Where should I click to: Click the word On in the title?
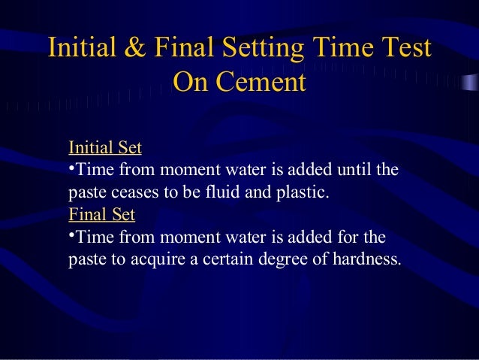coord(191,80)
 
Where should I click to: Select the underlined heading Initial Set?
coord(104,146)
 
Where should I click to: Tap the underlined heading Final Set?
coord(101,214)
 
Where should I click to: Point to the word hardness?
coord(366,260)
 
